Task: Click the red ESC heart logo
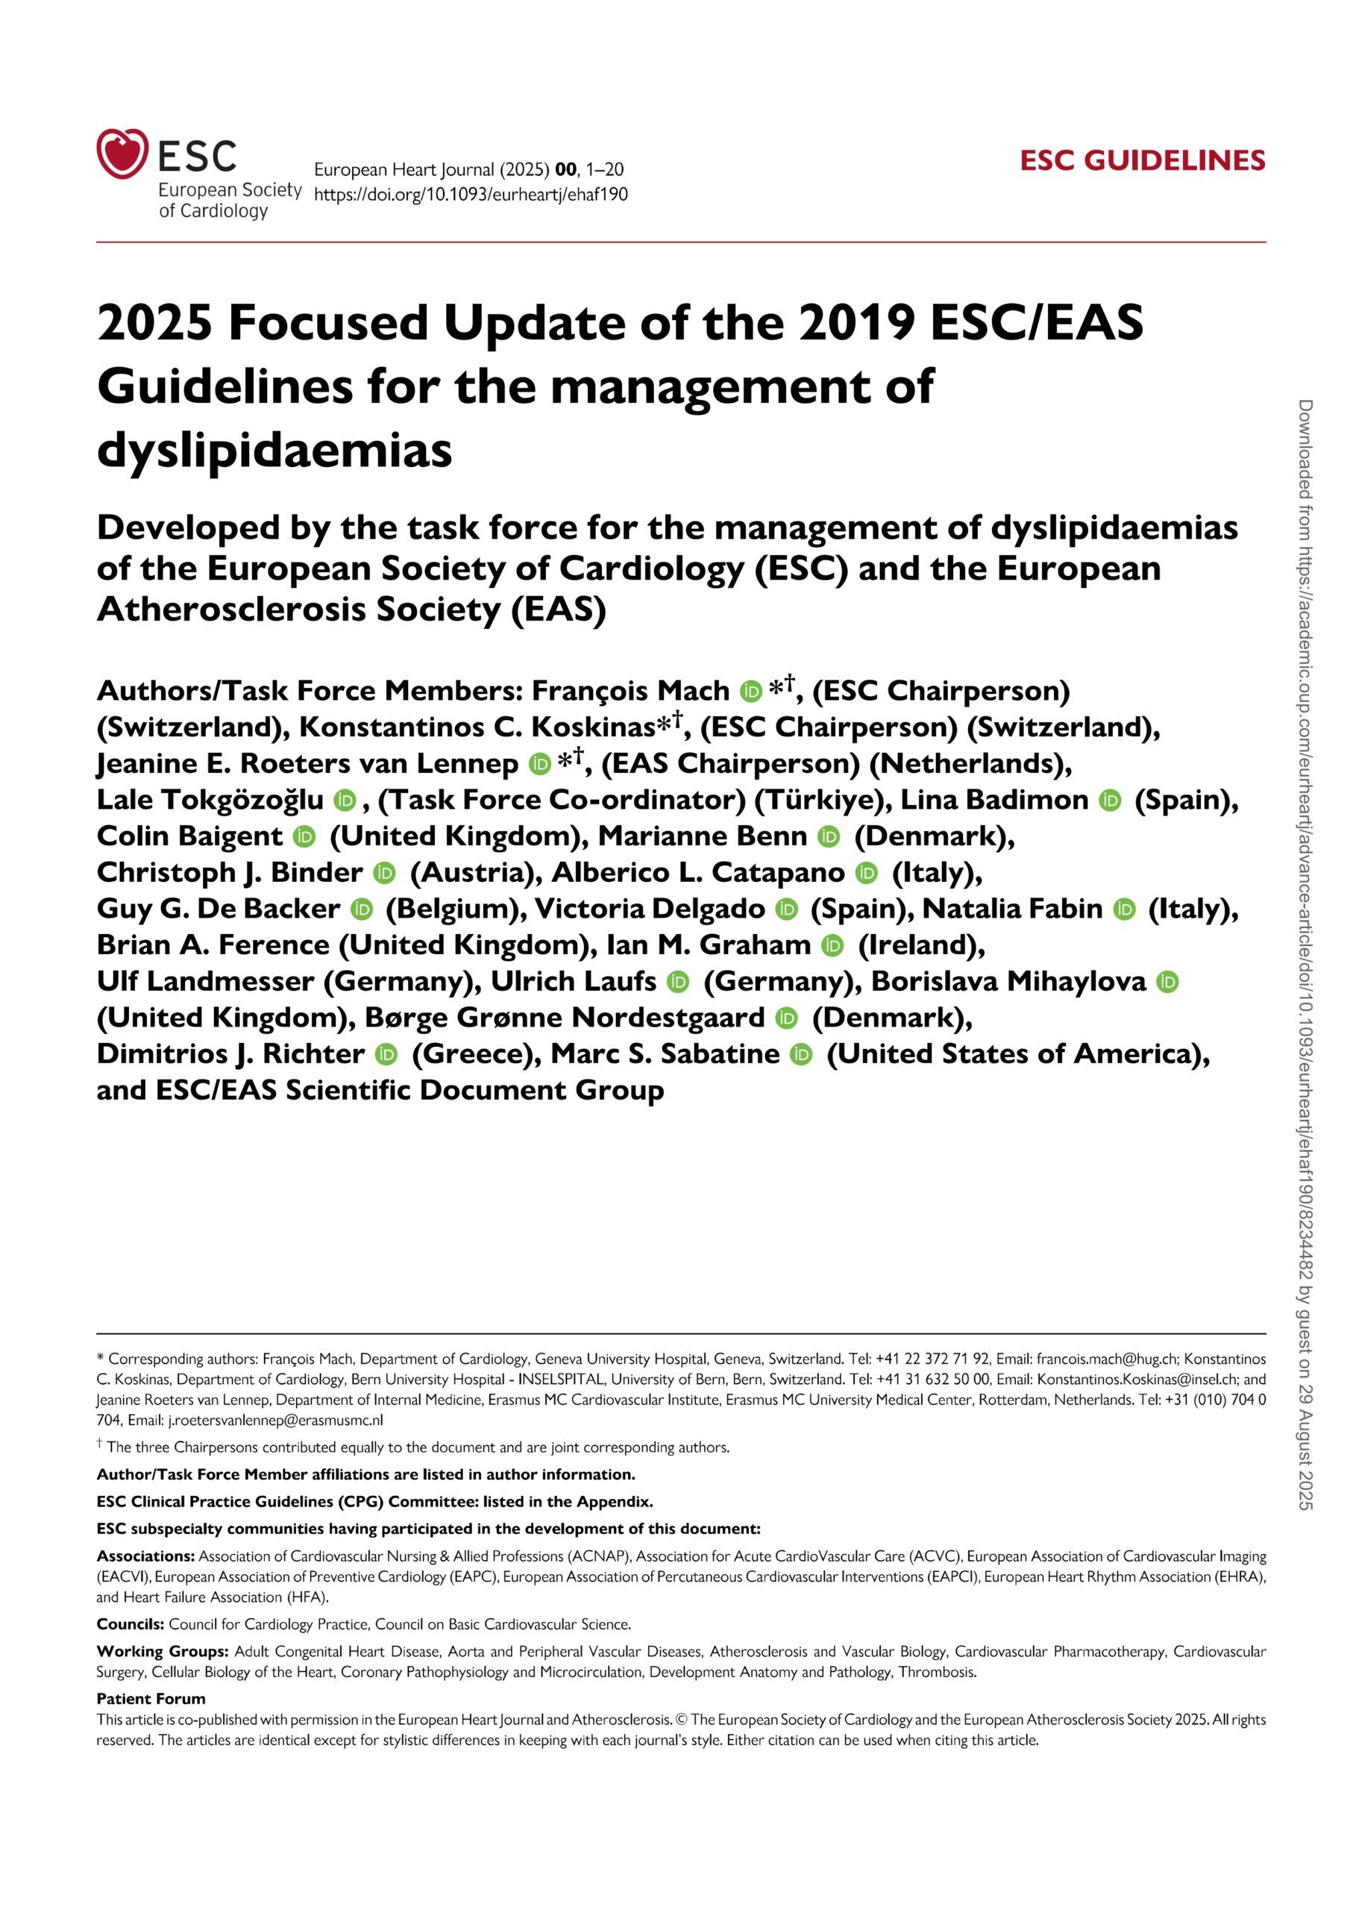(x=122, y=153)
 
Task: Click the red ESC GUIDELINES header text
(x=1142, y=160)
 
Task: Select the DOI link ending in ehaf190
(x=471, y=195)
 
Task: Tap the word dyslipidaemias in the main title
(x=274, y=451)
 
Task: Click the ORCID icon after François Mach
(x=750, y=692)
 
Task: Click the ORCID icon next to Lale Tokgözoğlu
(x=345, y=801)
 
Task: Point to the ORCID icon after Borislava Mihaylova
(x=1168, y=982)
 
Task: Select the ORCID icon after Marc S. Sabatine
(x=800, y=1055)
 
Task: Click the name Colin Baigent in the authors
(x=189, y=836)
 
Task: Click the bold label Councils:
(x=130, y=1623)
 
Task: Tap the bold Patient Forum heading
(x=151, y=1699)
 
